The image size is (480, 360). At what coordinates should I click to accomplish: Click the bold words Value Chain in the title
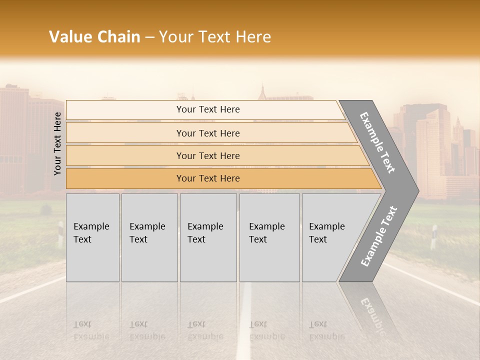(94, 37)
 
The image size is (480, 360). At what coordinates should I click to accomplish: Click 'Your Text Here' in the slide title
(215, 37)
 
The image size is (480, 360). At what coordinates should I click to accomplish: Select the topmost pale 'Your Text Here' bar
(207, 109)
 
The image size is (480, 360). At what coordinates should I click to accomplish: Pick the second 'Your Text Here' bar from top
(207, 133)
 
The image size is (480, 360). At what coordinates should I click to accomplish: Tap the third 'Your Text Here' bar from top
(207, 155)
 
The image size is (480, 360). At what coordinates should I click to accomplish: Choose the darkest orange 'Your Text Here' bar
(207, 178)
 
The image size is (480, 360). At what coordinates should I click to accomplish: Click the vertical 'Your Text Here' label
(57, 143)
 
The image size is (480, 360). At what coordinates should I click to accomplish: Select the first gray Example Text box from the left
(92, 237)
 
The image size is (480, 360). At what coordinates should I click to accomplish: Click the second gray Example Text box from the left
(149, 237)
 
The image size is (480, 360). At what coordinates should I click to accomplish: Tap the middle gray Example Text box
(208, 237)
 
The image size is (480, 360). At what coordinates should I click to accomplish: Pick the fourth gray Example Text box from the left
(269, 237)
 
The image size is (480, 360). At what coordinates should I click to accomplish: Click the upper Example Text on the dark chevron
(377, 142)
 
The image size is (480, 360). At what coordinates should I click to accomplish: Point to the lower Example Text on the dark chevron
(378, 236)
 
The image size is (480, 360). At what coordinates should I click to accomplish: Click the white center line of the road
(244, 320)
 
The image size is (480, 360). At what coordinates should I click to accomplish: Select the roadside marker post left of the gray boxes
(60, 232)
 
